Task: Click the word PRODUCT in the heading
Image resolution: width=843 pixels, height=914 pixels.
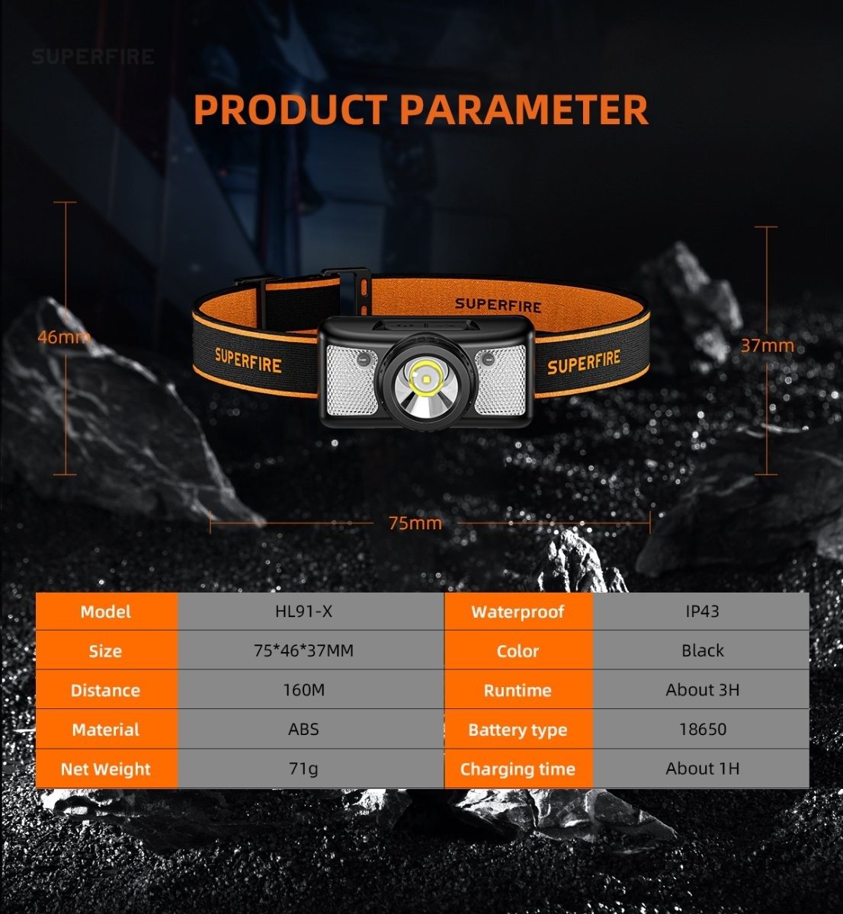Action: point(290,110)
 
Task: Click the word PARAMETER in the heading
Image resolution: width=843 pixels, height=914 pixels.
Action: point(524,110)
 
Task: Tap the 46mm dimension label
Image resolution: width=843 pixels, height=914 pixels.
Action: point(64,337)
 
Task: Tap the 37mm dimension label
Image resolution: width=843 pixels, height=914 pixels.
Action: point(768,346)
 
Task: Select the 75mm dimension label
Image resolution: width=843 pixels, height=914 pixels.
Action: point(415,523)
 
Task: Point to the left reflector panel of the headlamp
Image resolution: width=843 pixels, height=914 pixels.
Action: point(351,379)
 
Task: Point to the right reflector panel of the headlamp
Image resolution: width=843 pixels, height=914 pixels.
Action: point(501,379)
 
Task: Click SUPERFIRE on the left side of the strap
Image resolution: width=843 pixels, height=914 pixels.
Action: point(248,361)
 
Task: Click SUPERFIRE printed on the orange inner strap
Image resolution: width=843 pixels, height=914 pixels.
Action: point(498,305)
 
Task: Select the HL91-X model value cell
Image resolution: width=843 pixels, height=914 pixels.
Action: point(304,611)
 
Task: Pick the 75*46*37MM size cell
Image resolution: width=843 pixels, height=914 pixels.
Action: point(304,650)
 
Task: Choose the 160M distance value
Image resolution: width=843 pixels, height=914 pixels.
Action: point(304,690)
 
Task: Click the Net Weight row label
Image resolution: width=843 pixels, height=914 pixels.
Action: point(105,769)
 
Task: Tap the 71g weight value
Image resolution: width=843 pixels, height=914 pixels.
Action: point(304,769)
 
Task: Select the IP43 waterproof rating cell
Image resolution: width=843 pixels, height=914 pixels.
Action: point(702,611)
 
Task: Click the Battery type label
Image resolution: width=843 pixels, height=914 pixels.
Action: point(518,730)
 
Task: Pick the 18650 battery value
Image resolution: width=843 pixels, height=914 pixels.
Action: point(703,730)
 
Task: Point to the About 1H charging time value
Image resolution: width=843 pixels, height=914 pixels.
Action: point(703,769)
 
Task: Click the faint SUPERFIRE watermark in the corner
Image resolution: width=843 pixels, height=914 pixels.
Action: point(92,57)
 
